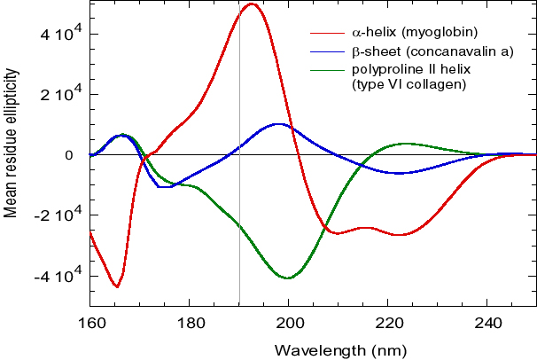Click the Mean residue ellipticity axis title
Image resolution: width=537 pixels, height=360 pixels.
coord(12,155)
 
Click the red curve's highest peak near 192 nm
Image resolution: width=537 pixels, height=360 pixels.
coord(253,4)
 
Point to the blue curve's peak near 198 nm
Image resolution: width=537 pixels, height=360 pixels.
coord(279,124)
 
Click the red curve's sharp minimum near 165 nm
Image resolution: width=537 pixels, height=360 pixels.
coord(117,286)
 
